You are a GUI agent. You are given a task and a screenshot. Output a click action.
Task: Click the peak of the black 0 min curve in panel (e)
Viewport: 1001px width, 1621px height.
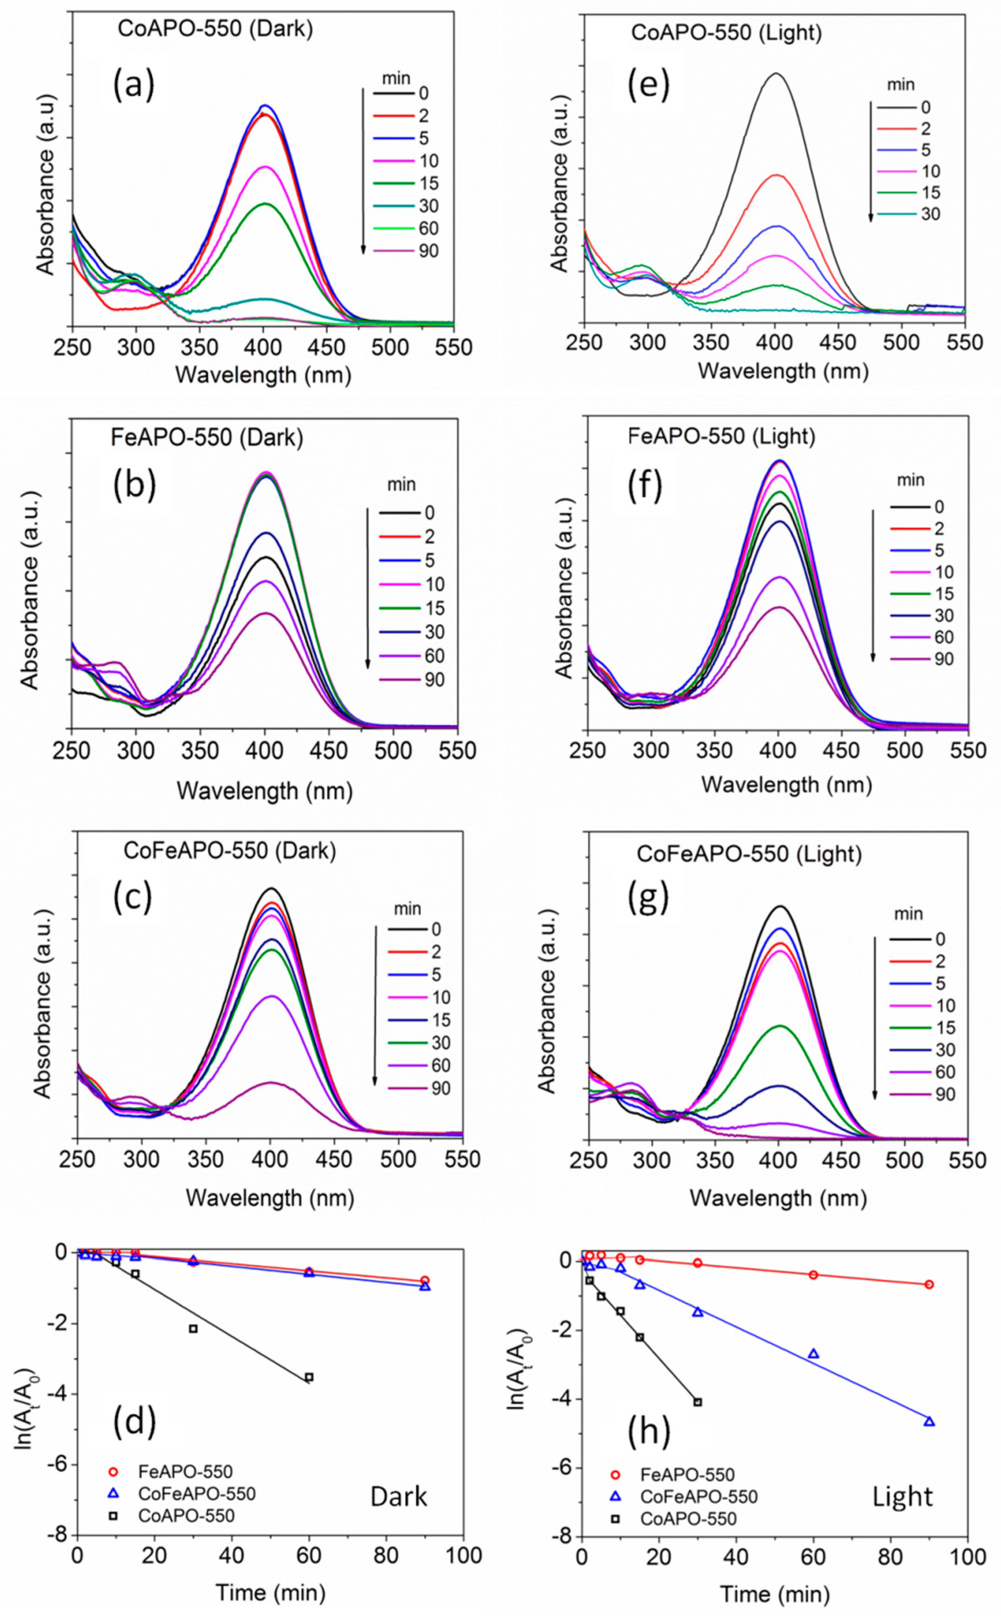click(x=775, y=74)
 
